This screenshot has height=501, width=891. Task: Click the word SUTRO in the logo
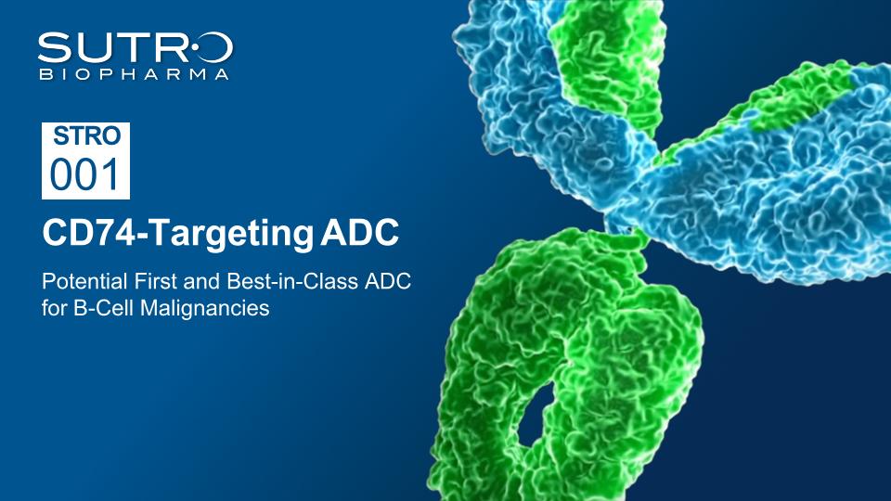(x=136, y=47)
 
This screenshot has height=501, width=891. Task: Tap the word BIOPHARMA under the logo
(x=134, y=74)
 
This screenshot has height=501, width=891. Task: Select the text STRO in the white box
(x=87, y=136)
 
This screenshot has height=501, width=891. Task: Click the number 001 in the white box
(x=85, y=174)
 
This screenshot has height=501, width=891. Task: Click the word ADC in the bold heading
(x=359, y=232)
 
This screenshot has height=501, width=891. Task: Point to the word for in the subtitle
(x=55, y=308)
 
